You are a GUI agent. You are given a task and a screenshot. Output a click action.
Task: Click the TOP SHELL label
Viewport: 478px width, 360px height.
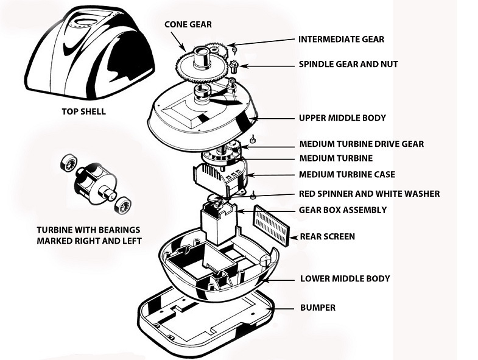click(83, 111)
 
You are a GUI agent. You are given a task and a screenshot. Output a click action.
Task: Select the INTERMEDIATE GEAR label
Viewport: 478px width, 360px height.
click(341, 40)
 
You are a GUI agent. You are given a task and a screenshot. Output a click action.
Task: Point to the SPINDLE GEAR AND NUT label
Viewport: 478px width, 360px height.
click(348, 64)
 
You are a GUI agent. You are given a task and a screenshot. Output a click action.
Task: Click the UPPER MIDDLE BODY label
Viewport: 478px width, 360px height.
click(342, 118)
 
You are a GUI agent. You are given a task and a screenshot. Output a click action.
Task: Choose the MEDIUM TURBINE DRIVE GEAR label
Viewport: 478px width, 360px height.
click(361, 144)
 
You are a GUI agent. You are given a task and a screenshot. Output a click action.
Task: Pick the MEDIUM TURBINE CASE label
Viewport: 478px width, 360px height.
click(346, 174)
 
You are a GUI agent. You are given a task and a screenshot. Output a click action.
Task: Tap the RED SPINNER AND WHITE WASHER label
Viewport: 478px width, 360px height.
click(369, 194)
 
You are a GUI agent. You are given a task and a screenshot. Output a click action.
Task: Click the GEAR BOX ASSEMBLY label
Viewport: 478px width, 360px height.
click(342, 210)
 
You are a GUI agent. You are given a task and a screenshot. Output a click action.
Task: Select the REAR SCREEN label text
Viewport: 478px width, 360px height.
click(327, 236)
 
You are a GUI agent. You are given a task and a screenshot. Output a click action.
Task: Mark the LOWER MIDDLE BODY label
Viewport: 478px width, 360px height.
click(345, 278)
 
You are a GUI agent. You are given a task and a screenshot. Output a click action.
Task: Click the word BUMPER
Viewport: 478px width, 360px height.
click(317, 308)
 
